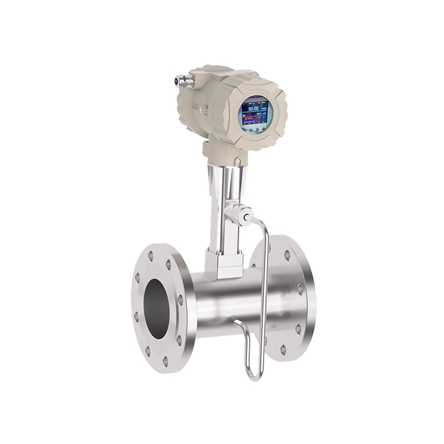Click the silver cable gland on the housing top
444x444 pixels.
(x=180, y=80)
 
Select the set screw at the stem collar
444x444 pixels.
(x=238, y=162)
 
